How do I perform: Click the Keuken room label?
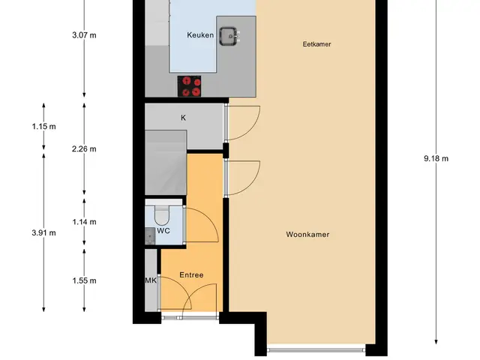coord(200,35)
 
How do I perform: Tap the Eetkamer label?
coord(316,44)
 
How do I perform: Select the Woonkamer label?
coord(307,235)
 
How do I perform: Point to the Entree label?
coord(191,275)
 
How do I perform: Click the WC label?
coord(163,231)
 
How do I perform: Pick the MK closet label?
coord(151,280)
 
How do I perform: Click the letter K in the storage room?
coord(183,118)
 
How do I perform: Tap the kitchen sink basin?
coord(228,36)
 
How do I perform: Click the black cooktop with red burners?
coord(189,87)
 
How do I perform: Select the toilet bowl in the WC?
coord(161,216)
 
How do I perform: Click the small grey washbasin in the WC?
coord(150,236)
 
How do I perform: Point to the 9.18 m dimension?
coord(436,158)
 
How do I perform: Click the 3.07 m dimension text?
coord(84,35)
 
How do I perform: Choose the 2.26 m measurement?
coord(84,149)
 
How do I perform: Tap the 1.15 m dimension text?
coord(43,127)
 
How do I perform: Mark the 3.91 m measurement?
coord(43,233)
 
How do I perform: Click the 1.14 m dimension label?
coord(84,222)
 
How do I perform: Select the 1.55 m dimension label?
coord(84,280)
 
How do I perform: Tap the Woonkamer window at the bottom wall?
coord(316,349)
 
